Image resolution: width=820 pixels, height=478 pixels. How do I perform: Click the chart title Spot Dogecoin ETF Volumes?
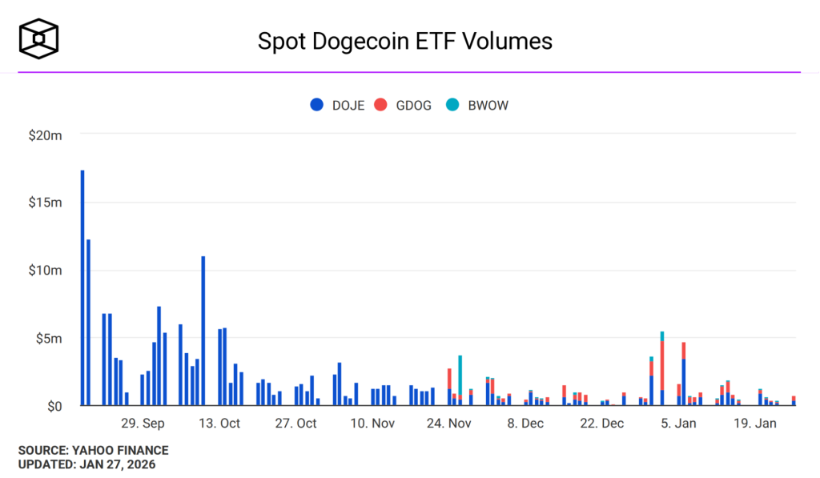(404, 41)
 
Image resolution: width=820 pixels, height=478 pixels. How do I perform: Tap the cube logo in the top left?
(39, 38)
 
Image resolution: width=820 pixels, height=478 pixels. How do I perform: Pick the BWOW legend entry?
(477, 105)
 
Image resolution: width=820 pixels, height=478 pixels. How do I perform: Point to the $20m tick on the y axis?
(45, 135)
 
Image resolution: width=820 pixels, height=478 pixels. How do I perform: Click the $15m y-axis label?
(45, 203)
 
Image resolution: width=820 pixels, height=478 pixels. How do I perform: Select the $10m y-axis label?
(45, 271)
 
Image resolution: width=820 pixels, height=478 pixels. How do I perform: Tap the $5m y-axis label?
(48, 339)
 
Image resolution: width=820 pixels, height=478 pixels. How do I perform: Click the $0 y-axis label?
(54, 407)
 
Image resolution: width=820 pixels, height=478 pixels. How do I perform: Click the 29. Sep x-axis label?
(143, 424)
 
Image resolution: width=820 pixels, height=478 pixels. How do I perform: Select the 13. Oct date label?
(219, 424)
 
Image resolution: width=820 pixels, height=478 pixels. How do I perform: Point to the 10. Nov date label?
(372, 424)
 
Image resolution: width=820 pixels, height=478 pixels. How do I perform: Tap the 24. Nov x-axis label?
(449, 424)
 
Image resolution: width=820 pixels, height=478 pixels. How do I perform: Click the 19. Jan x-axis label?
(755, 424)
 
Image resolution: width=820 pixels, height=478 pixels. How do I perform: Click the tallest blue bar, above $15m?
(82, 288)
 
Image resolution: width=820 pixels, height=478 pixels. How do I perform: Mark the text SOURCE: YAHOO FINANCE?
(94, 451)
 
